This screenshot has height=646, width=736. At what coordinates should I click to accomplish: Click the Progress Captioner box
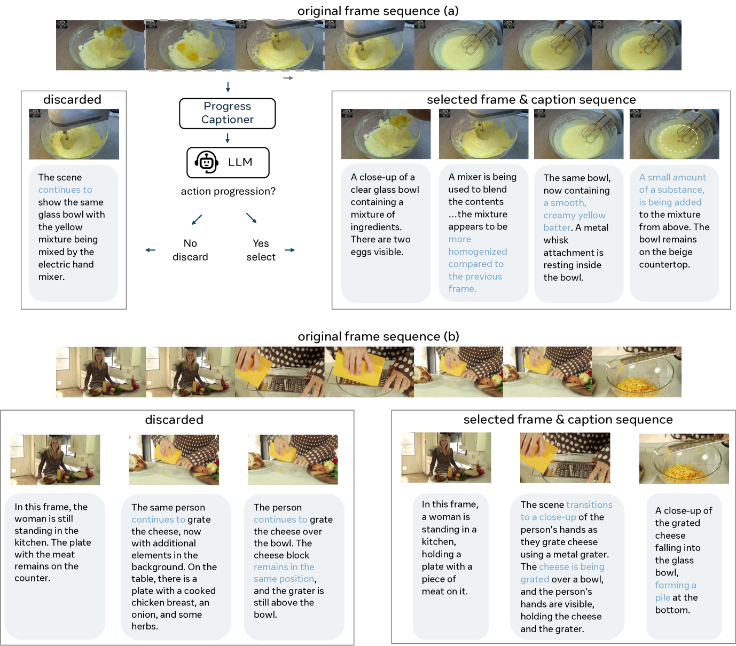tap(228, 113)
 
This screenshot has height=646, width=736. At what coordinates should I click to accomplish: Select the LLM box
tap(228, 162)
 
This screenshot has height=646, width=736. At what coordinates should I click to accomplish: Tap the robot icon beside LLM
tap(206, 162)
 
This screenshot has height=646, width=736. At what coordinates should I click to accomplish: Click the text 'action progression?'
tap(228, 191)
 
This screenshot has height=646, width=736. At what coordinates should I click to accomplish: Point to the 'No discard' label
tap(190, 250)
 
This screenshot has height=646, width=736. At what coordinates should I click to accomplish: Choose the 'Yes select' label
tap(261, 250)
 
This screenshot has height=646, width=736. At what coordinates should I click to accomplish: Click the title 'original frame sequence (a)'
tap(378, 11)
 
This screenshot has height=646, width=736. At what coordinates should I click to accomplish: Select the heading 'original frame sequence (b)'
tap(378, 336)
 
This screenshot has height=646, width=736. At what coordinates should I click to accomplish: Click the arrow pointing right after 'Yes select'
tap(289, 250)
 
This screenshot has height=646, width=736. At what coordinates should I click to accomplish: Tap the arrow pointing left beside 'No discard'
tap(150, 250)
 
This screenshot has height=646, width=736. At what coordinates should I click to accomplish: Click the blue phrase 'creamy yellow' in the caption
tap(574, 215)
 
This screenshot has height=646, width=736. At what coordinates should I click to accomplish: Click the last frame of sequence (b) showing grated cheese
tap(637, 372)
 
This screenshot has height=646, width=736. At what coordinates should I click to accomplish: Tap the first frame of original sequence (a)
tap(100, 45)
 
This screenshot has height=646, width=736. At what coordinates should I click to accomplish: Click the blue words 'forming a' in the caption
tap(676, 585)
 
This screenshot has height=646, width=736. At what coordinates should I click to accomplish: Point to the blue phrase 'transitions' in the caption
tap(589, 505)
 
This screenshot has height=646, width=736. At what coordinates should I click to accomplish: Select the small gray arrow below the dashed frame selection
tap(288, 78)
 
